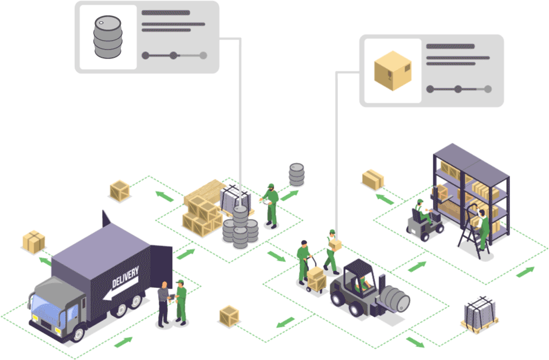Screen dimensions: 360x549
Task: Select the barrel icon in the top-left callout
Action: point(107,37)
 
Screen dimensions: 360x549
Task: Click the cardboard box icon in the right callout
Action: point(392,71)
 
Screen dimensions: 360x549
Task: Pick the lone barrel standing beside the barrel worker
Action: point(297,175)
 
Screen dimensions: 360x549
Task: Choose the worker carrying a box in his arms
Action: point(331,251)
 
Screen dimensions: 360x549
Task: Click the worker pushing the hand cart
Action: point(304,260)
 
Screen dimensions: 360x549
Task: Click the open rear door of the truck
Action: point(160,260)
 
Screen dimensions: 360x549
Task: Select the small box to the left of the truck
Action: point(34,240)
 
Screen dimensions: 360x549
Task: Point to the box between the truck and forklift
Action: point(228,315)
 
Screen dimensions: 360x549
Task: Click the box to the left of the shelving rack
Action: point(373,178)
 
